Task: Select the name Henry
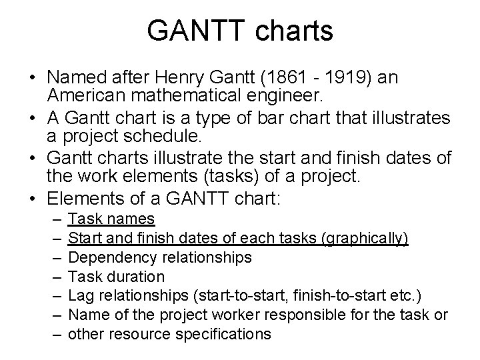(199, 78)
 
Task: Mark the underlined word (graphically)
(366, 238)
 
